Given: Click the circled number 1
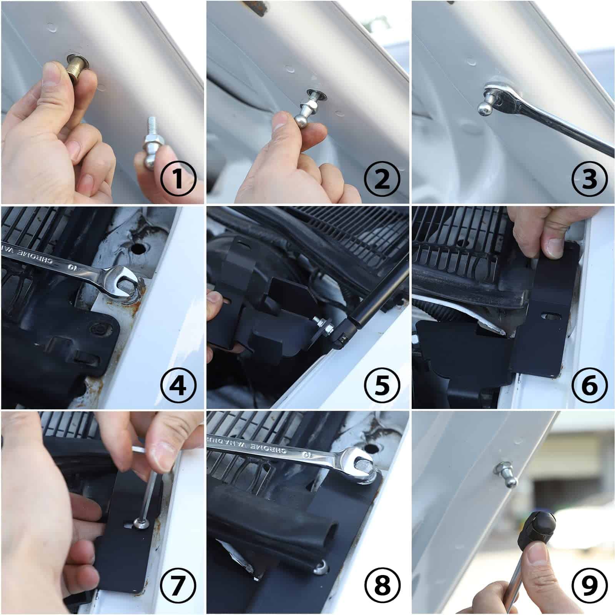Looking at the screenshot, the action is coord(178,179).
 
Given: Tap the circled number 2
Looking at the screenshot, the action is coord(382,179).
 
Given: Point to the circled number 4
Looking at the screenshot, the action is coord(178,384).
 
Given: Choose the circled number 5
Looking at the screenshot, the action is coord(382,384).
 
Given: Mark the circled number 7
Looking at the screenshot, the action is coord(178,589).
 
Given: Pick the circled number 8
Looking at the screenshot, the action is coord(382,589).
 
